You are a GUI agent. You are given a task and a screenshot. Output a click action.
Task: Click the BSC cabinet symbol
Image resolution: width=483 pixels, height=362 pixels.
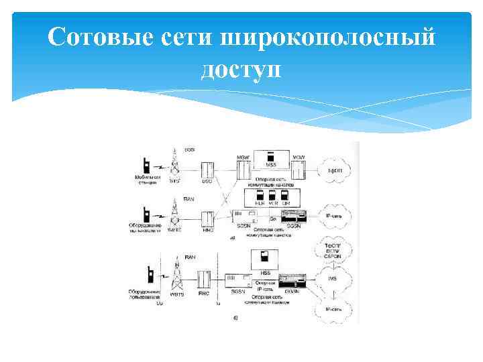click(207, 169)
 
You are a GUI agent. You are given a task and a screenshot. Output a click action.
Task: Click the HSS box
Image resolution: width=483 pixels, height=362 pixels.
click(264, 258)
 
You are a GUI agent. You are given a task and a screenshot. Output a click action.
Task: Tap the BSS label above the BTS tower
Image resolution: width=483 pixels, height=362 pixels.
click(190, 149)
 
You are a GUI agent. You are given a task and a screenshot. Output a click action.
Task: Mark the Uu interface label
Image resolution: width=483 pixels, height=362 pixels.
click(159, 303)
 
